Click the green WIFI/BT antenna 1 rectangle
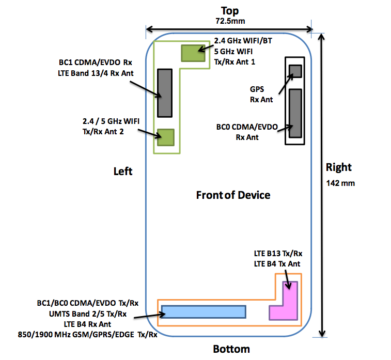pyautogui.click(x=191, y=53)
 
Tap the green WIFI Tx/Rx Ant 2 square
pyautogui.click(x=166, y=137)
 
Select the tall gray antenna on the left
pyautogui.click(x=164, y=92)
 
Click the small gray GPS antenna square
pyautogui.click(x=295, y=71)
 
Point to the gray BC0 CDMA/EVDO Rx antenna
pyautogui.click(x=295, y=113)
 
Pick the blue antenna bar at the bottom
pyautogui.click(x=203, y=312)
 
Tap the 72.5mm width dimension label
pyautogui.click(x=229, y=21)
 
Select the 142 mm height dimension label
pyautogui.click(x=340, y=183)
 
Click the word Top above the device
pyautogui.click(x=229, y=10)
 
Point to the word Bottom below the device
pyautogui.click(x=231, y=349)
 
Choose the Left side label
pyautogui.click(x=123, y=170)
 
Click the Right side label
pyautogui.click(x=339, y=167)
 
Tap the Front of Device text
pyautogui.click(x=233, y=195)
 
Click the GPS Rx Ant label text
pyautogui.click(x=261, y=94)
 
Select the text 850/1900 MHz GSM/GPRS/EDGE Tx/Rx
pyautogui.click(x=88, y=334)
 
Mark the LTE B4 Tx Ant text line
pyautogui.click(x=277, y=264)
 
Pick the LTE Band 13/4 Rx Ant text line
pyautogui.click(x=96, y=73)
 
